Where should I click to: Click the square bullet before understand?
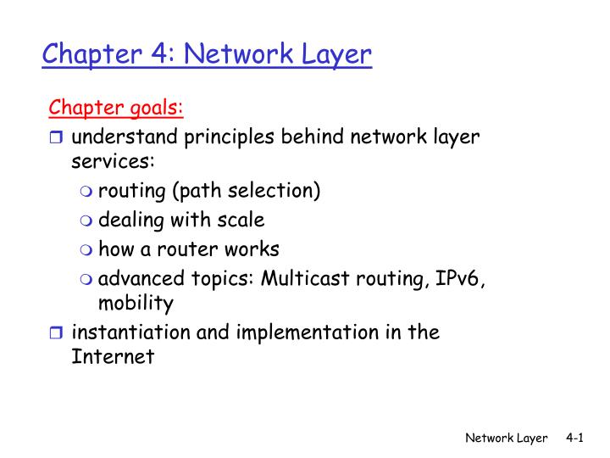[58, 138]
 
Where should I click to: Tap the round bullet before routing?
[88, 193]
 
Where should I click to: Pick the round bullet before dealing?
[88, 221]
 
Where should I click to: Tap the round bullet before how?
[88, 250]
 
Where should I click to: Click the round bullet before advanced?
[88, 278]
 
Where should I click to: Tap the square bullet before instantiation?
[58, 333]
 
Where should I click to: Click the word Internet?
[114, 357]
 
